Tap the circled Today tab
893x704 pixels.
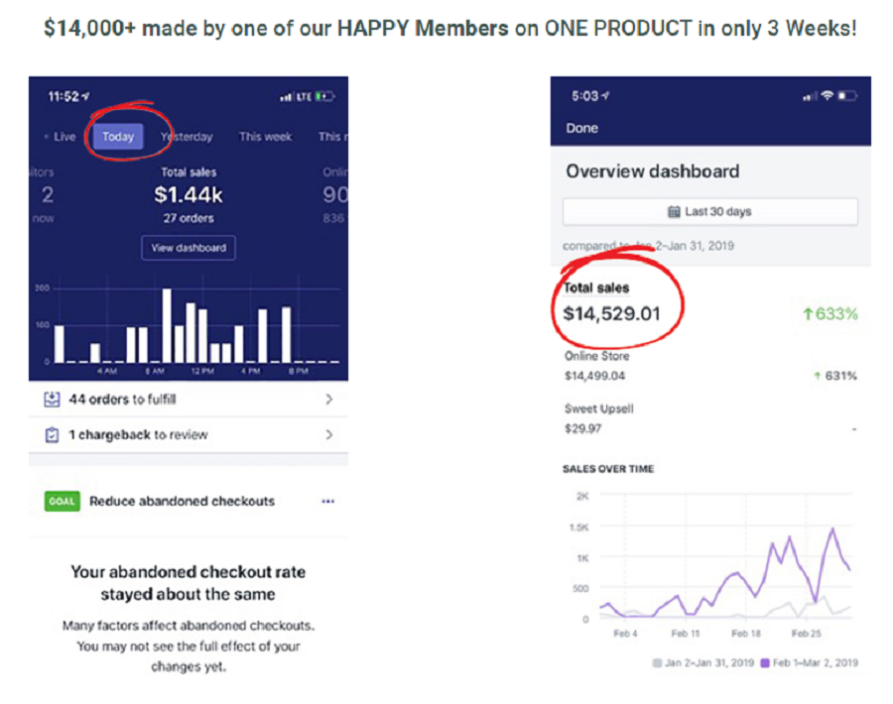pyautogui.click(x=118, y=137)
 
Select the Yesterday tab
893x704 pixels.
pyautogui.click(x=187, y=137)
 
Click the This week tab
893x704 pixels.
pyautogui.click(x=265, y=137)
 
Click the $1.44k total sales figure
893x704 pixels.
pyautogui.click(x=189, y=195)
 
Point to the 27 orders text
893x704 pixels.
pyautogui.click(x=189, y=218)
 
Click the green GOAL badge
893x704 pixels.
pyautogui.click(x=62, y=501)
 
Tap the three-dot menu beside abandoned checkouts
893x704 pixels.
pyautogui.click(x=328, y=501)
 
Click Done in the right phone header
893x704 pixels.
pyautogui.click(x=582, y=128)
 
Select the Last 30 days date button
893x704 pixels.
pyautogui.click(x=709, y=211)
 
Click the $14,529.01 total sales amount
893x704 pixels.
pyautogui.click(x=611, y=314)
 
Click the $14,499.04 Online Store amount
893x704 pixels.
pyautogui.click(x=595, y=376)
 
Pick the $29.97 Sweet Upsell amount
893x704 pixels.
pyautogui.click(x=582, y=429)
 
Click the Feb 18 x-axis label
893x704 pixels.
pyautogui.click(x=745, y=633)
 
